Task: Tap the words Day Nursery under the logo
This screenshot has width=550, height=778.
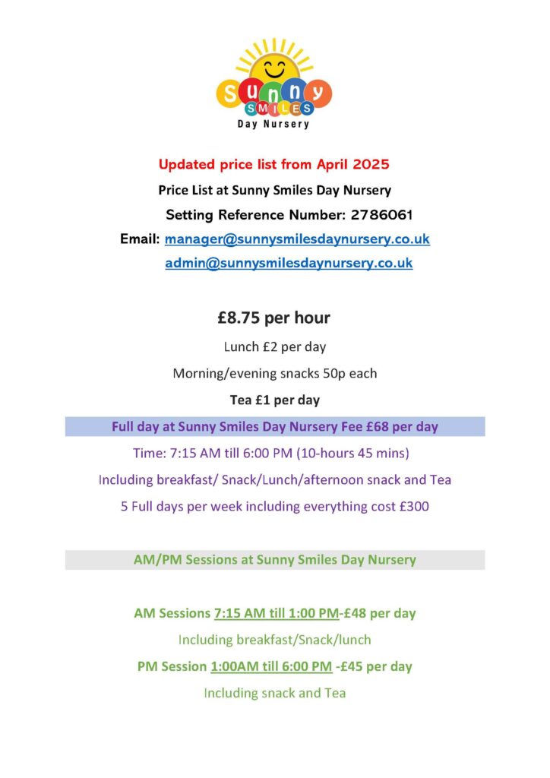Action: click(275, 124)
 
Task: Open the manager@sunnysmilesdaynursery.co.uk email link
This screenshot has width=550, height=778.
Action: click(297, 239)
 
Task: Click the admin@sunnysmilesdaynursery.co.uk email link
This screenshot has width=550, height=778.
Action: click(289, 263)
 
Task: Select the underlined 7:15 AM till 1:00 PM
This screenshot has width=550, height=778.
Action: click(277, 612)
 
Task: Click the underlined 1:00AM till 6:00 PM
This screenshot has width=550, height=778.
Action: click(271, 666)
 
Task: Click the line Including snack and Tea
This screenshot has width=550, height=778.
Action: click(275, 692)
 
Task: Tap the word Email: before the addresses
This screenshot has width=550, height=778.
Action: click(141, 239)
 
